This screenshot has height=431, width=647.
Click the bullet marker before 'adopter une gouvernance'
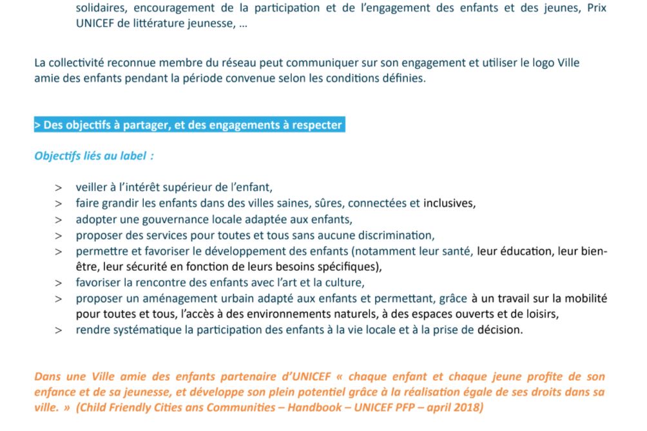pyautogui.click(x=59, y=219)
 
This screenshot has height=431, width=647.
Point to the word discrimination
pyautogui.click(x=392, y=235)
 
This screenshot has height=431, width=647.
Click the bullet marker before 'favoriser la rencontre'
pyautogui.click(x=59, y=282)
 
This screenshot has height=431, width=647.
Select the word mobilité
pyautogui.click(x=585, y=298)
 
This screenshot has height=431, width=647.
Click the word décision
pyautogui.click(x=499, y=330)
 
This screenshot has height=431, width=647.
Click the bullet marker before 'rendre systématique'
pyautogui.click(x=59, y=330)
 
